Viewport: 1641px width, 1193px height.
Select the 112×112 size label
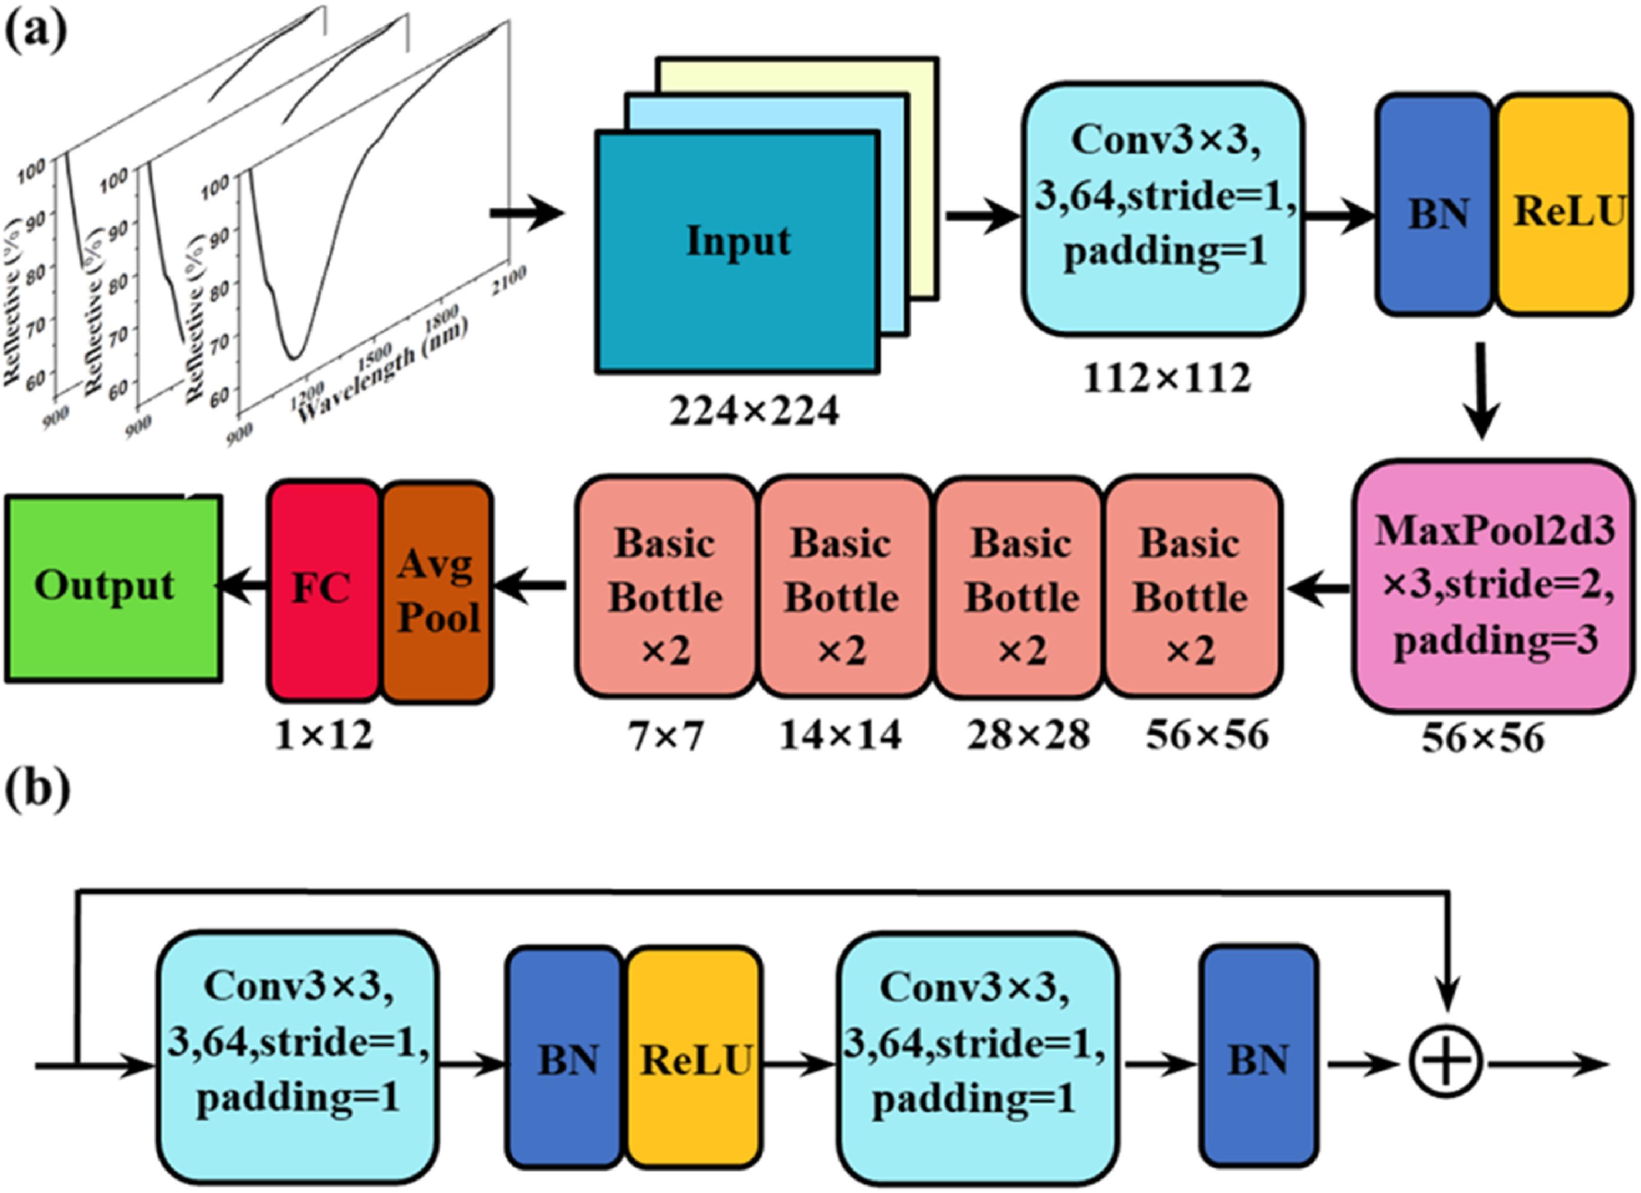click(1166, 378)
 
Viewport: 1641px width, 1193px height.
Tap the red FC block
click(324, 590)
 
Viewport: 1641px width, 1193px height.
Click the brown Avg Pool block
click(438, 590)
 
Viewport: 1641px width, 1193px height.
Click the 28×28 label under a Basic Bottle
click(1027, 736)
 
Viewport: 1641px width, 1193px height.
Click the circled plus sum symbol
click(1446, 1064)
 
